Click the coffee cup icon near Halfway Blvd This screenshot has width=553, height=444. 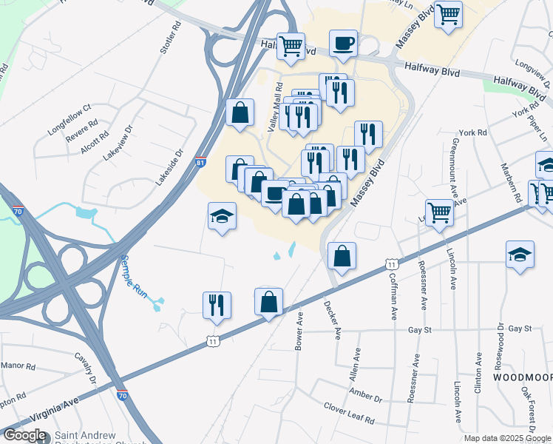(343, 44)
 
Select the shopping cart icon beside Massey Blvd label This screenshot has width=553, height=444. (448, 14)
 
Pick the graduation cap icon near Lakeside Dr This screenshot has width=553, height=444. (222, 216)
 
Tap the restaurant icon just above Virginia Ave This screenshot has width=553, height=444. (217, 305)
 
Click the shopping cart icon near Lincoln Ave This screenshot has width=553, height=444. (440, 212)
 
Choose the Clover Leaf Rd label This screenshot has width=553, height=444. (349, 413)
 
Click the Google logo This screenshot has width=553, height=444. (24, 435)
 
